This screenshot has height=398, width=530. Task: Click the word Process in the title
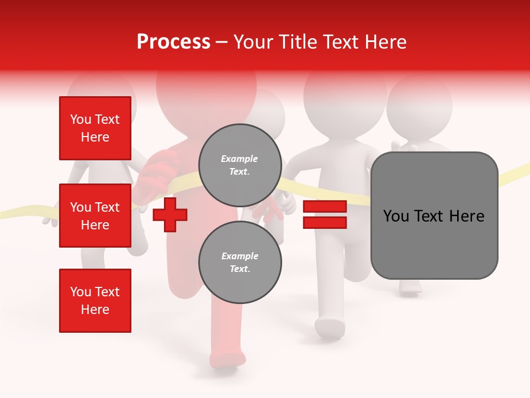coord(173,42)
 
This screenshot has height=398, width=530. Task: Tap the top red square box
coord(95,128)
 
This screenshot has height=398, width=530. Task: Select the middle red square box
coord(95,216)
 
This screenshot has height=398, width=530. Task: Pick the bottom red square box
coord(95,301)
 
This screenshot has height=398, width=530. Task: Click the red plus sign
coord(170,214)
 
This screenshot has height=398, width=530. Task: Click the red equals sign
coord(325,214)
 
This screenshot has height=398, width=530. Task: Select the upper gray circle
coord(240,165)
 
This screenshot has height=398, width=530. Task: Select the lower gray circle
coord(240,262)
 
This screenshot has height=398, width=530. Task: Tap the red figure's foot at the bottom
coord(227,359)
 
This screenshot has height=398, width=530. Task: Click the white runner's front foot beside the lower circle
coord(330,328)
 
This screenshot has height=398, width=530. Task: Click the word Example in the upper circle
coord(240,159)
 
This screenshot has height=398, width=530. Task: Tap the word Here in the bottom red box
coord(95,310)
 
